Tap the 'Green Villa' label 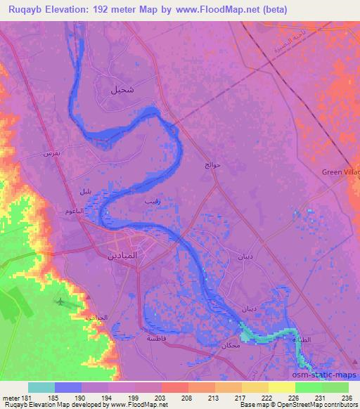[342, 171]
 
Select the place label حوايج [212, 164]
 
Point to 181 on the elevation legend [20, 397]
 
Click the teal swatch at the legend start [41, 387]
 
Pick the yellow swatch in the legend [281, 387]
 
